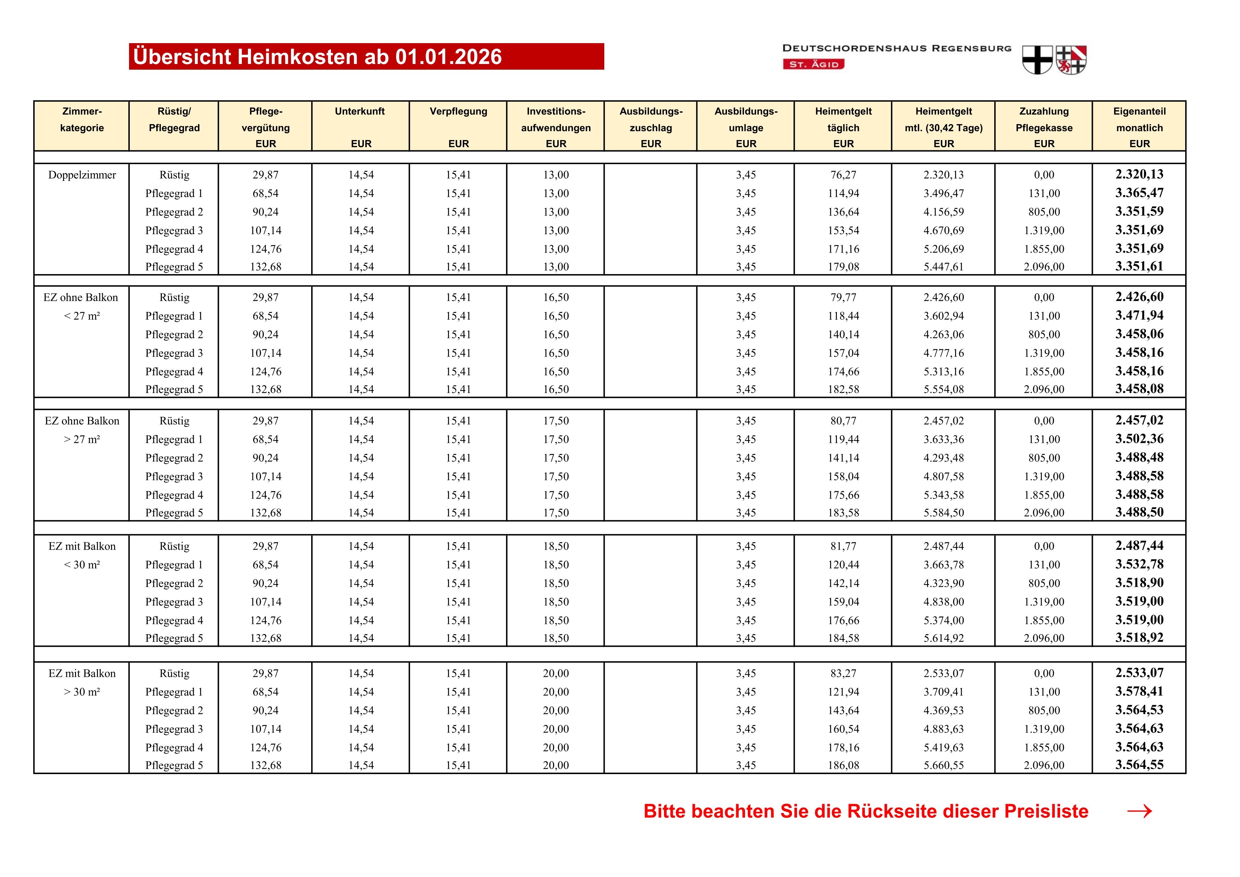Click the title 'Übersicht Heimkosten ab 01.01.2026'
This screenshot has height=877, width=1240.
[x=318, y=57]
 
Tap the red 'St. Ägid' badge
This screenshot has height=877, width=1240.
[x=813, y=64]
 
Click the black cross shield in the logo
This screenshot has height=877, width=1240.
[x=1037, y=59]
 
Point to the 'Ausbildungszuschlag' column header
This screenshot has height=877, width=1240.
[x=651, y=127]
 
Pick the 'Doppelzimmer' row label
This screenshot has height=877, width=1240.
[x=82, y=175]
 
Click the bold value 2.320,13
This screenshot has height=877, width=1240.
[x=1140, y=174]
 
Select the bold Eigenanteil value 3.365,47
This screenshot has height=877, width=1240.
[x=1140, y=193]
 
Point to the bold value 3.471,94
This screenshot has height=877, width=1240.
[x=1140, y=315]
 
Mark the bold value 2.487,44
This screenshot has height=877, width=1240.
[x=1140, y=546]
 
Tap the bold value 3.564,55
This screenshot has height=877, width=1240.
[x=1140, y=765]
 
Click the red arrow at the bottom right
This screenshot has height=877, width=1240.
[x=1140, y=812]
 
